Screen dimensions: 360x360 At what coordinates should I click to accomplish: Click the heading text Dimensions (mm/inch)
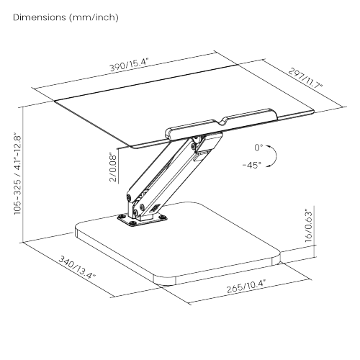click(66, 17)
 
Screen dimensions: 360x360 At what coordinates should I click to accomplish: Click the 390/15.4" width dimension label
click(130, 64)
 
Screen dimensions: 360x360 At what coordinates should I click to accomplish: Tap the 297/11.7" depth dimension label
click(305, 78)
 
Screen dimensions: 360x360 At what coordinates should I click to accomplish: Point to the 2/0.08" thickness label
click(113, 167)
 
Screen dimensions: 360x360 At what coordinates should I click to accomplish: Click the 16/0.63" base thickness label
click(309, 225)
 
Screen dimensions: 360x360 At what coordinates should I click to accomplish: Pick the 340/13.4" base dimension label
click(77, 267)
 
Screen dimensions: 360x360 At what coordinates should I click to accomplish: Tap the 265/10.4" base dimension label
click(246, 286)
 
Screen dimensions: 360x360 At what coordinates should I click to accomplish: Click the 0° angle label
click(258, 148)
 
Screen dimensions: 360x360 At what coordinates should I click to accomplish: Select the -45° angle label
click(252, 165)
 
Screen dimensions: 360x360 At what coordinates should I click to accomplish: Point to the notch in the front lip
click(224, 122)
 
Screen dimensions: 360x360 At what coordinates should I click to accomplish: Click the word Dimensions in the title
click(40, 17)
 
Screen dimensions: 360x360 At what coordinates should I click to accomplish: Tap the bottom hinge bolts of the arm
click(135, 207)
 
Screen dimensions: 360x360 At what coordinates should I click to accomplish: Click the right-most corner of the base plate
click(280, 258)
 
